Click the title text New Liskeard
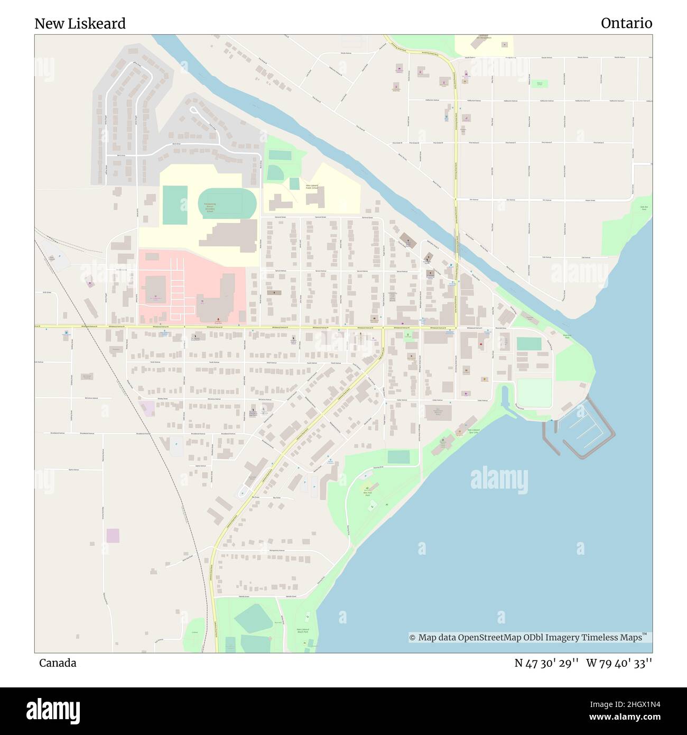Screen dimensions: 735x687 (80, 24)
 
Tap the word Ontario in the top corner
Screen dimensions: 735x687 (626, 23)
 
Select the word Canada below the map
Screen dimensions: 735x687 (58, 663)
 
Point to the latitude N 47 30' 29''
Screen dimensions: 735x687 (546, 663)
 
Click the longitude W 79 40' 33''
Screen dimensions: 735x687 (619, 663)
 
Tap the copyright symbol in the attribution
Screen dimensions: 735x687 (412, 638)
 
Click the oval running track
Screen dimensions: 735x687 (227, 203)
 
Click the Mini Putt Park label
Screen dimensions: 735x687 (368, 494)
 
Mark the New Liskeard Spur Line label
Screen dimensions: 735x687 (473, 431)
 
